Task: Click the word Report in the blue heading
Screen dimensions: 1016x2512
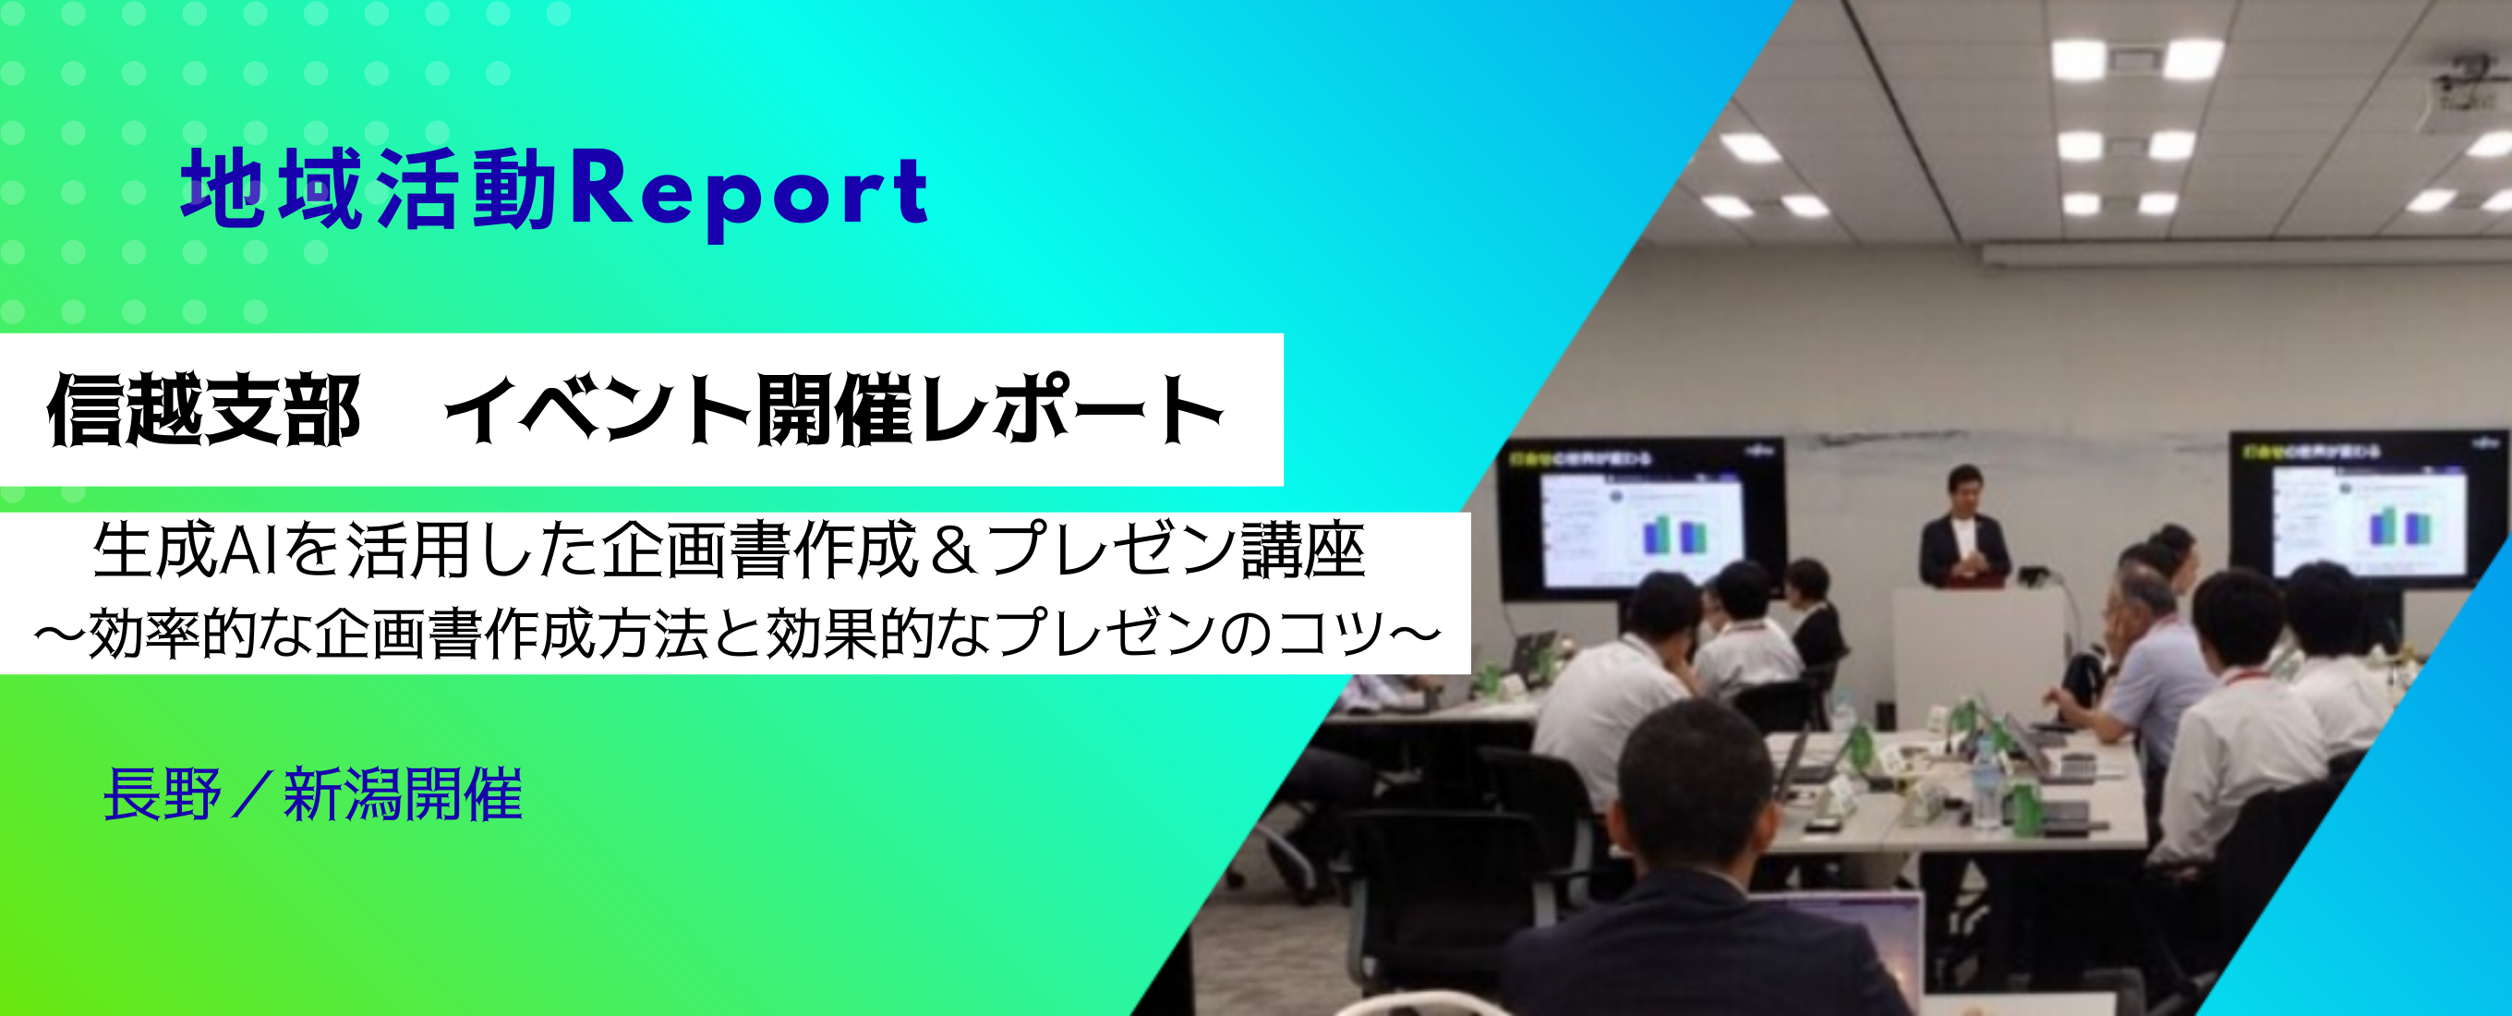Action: [749, 190]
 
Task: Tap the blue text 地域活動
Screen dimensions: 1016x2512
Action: [368, 190]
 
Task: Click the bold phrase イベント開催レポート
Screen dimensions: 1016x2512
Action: [834, 410]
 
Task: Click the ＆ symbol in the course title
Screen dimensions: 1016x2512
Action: [953, 550]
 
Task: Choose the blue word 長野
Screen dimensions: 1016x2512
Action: [162, 794]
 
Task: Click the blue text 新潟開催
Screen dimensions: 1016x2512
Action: [403, 794]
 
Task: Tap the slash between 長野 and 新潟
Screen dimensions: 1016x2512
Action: [251, 794]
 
